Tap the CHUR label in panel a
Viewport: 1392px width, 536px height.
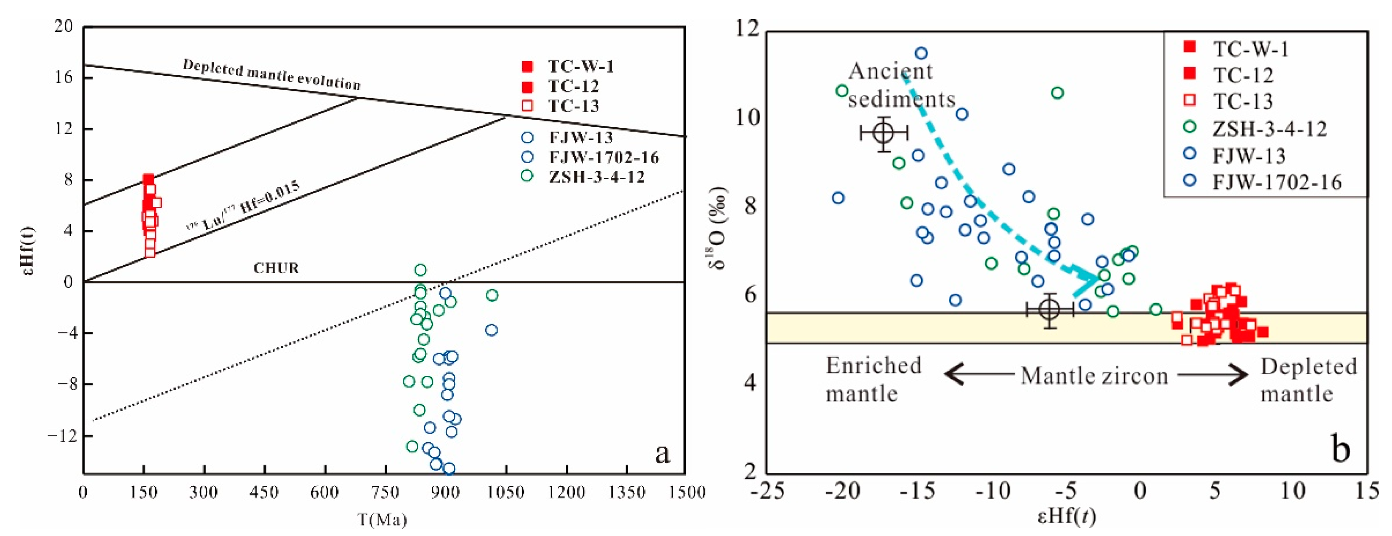[276, 268]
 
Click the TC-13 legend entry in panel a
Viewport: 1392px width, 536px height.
[573, 106]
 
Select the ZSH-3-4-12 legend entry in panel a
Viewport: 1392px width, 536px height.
[596, 177]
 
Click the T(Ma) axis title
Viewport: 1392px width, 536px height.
[383, 520]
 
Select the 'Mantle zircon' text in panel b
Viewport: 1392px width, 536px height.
[1094, 375]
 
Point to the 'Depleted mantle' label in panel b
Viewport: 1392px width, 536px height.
[1308, 380]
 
